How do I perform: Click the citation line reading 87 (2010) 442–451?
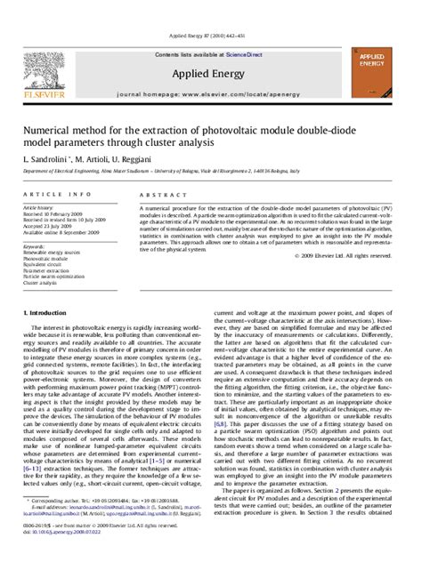click(211, 37)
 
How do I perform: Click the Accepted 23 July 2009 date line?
click(49, 226)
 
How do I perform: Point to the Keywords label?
click(35, 246)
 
